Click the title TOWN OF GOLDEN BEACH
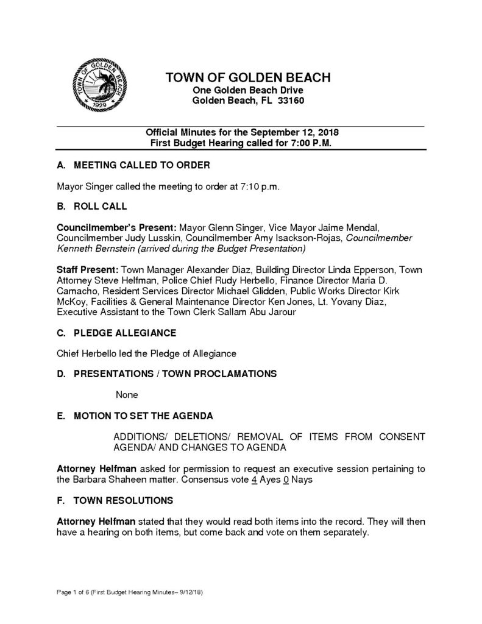point(248,78)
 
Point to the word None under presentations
point(127,395)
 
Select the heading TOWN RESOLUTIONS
point(123,501)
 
